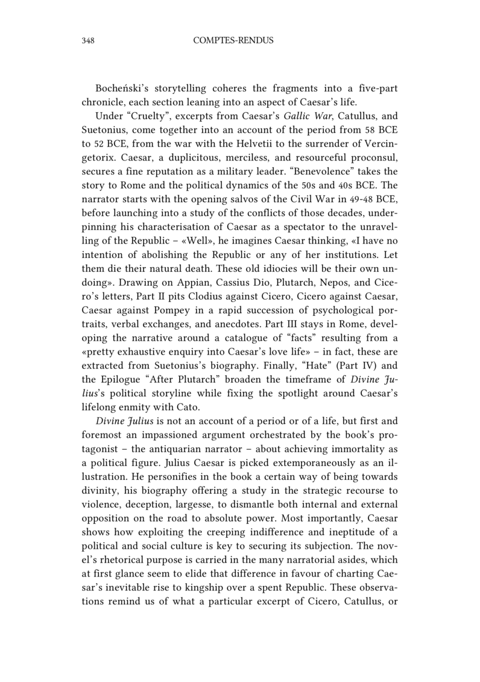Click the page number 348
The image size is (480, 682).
coord(89,41)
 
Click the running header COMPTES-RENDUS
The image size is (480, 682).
coord(233,41)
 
